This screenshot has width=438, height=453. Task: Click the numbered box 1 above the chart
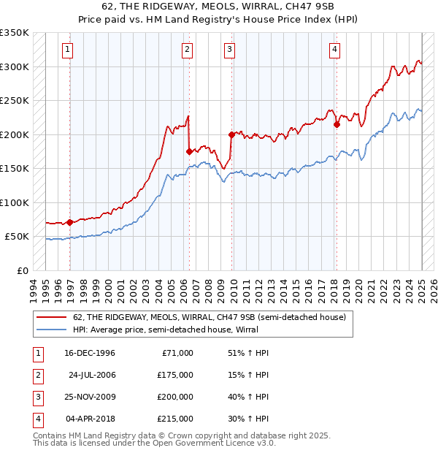click(67, 50)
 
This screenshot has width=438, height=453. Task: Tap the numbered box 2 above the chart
click(188, 50)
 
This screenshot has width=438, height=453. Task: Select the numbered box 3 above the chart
click(229, 50)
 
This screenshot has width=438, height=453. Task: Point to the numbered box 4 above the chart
click(334, 50)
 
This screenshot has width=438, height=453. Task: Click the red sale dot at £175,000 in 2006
click(188, 152)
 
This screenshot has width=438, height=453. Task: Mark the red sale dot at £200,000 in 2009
click(231, 134)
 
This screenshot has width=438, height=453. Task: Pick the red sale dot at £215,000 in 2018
click(337, 124)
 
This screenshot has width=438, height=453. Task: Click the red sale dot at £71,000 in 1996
click(70, 222)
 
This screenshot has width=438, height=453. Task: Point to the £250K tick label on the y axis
click(15, 100)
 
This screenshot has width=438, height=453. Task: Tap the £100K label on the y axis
click(15, 202)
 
